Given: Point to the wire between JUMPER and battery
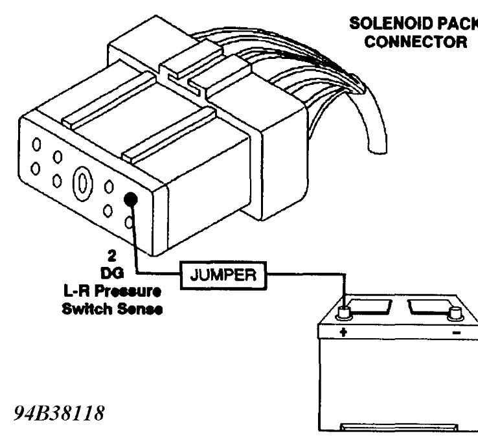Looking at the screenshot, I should [x=304, y=274].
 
